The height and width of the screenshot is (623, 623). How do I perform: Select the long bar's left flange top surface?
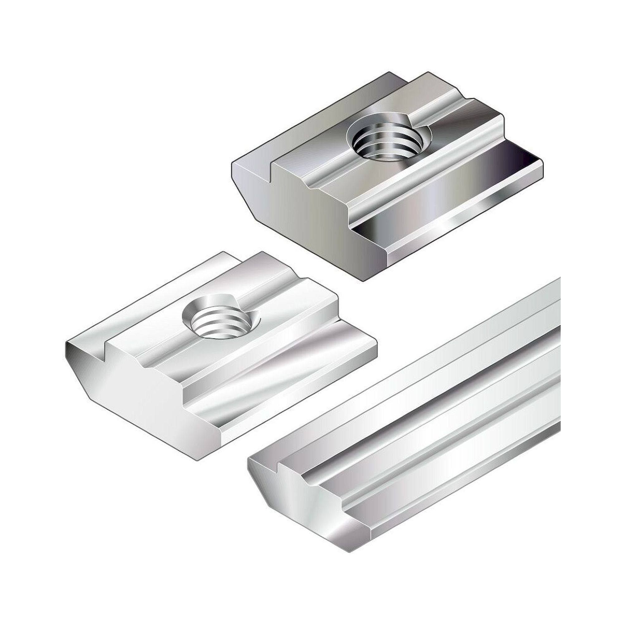coord(419,387)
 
